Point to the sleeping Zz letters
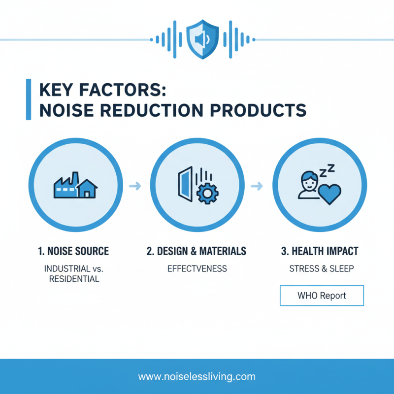[327, 172]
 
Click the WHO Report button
[322, 296]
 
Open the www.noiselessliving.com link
[197, 377]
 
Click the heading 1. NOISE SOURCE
[73, 251]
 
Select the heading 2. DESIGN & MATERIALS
[197, 251]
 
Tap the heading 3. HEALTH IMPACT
[320, 251]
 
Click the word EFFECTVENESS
[197, 269]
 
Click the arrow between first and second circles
[134, 186]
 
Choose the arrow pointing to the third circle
[256, 186]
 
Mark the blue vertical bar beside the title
[28, 99]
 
